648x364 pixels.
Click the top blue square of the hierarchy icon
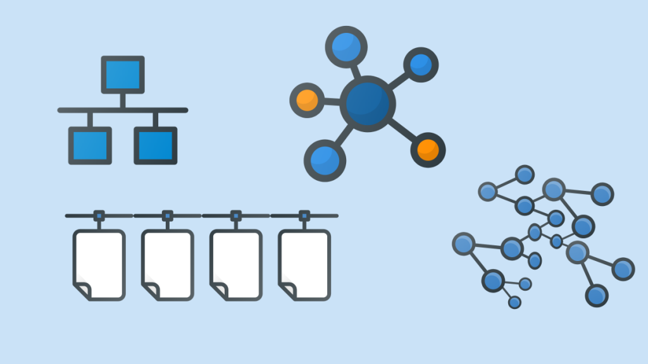point(123,75)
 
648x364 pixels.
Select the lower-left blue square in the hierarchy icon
point(90,145)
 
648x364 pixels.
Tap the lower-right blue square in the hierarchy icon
point(156,145)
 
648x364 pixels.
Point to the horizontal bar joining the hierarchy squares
point(123,110)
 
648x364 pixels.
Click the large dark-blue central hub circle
point(368,104)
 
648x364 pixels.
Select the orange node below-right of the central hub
point(428,150)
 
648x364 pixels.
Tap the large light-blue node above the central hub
point(346,47)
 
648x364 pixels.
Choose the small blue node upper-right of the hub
point(421,64)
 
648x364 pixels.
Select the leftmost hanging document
point(99,264)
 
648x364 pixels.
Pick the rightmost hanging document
point(304,264)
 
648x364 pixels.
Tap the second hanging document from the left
point(168,264)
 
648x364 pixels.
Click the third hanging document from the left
point(236,264)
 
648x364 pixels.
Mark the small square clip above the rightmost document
point(304,215)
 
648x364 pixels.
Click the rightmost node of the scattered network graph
point(623,269)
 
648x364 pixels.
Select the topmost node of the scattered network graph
point(524,174)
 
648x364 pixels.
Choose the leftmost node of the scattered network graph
point(463,243)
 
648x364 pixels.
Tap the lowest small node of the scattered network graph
point(514,302)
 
